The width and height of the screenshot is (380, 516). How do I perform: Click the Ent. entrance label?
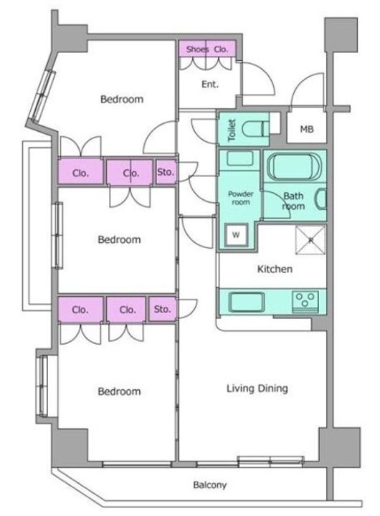[x=210, y=85]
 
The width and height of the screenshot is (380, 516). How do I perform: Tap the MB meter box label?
[x=307, y=129]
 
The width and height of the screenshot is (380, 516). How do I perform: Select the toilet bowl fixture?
[x=255, y=129]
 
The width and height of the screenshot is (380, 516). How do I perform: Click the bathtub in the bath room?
[x=294, y=166]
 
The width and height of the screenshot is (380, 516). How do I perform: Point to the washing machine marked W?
[x=236, y=235]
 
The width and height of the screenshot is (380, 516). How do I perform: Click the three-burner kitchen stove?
[x=305, y=302]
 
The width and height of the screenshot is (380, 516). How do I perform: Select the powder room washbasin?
[x=237, y=158]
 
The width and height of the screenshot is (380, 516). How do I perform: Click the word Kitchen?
[x=275, y=269]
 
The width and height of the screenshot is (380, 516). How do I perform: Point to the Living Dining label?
[x=257, y=388]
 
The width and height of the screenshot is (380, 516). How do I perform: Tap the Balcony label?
[x=210, y=484]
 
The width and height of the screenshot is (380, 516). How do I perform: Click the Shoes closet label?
[x=197, y=49]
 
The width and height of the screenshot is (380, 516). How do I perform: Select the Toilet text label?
[x=232, y=130]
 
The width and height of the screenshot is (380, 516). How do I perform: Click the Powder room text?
[x=241, y=198]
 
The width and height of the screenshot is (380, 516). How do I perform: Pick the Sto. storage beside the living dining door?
[x=162, y=310]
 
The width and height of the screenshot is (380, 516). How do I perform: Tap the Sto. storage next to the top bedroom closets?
[x=166, y=172]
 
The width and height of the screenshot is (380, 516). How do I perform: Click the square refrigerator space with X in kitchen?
[x=310, y=240]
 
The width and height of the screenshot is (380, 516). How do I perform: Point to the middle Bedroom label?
[x=119, y=239]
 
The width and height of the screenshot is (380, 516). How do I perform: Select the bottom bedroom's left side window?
[x=43, y=386]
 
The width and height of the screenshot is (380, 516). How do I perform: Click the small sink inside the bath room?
[x=321, y=199]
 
